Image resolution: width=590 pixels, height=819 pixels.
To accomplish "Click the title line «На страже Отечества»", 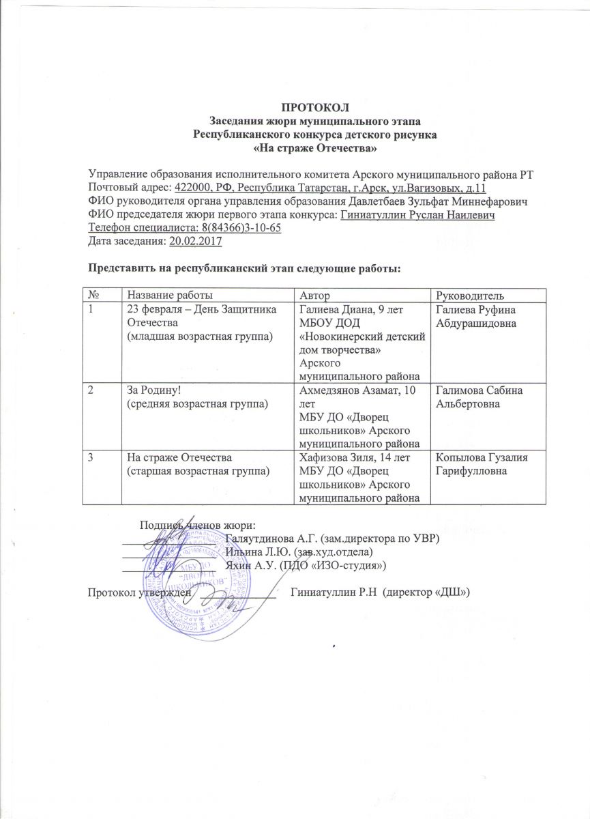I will tap(315, 147).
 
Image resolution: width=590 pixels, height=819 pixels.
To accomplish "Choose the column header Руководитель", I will tap(469, 295).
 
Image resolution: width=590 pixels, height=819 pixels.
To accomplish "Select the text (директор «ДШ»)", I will tap(427, 592).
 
